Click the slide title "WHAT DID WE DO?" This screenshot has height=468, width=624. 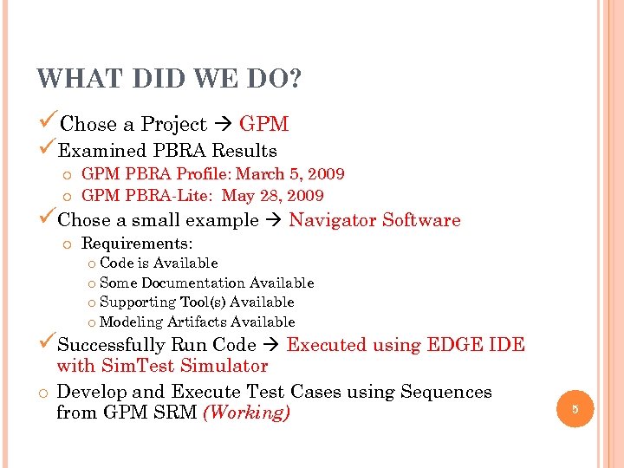169,79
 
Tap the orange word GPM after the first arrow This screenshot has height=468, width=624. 263,125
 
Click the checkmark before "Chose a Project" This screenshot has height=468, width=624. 48,123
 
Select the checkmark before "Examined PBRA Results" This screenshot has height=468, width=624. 48,150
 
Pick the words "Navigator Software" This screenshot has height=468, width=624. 374,220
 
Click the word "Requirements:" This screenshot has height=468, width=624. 137,244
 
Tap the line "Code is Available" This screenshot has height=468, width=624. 159,263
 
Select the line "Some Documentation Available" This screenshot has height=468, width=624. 206,283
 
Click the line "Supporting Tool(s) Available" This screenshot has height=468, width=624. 197,302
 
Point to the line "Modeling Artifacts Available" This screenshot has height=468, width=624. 197,322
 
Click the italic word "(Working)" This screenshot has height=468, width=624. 245,413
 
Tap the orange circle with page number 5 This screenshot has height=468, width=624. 574,407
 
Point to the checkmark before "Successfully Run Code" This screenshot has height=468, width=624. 48,343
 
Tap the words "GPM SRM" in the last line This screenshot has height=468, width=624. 149,413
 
